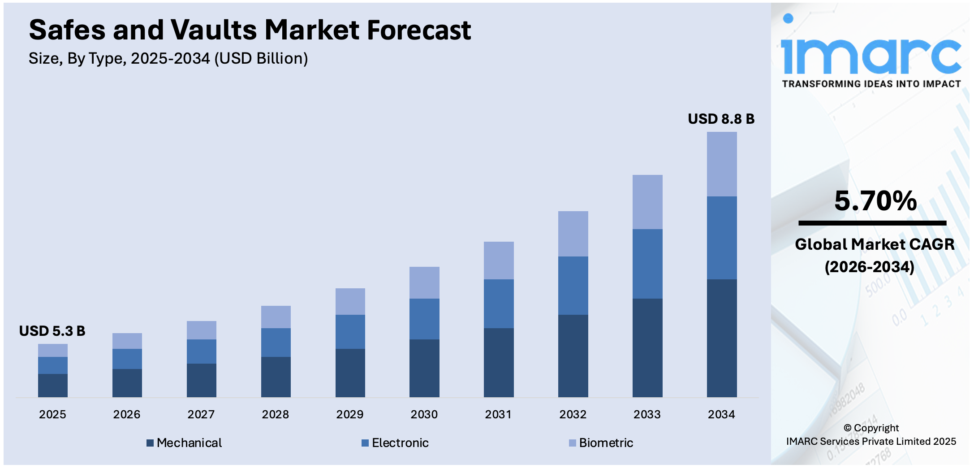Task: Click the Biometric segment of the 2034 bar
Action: pyautogui.click(x=721, y=164)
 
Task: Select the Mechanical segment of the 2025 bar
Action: pyautogui.click(x=52, y=385)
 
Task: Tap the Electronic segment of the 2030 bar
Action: pyautogui.click(x=424, y=319)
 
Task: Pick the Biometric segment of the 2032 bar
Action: pyautogui.click(x=573, y=234)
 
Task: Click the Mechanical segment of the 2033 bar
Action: pyautogui.click(x=647, y=347)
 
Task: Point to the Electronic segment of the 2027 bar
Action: pyautogui.click(x=201, y=351)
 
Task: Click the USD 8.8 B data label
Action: pyautogui.click(x=721, y=119)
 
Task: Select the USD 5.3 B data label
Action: pyautogui.click(x=52, y=331)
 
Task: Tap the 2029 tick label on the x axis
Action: pyautogui.click(x=349, y=414)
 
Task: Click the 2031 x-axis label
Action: pyautogui.click(x=498, y=414)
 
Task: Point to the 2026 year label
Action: pyautogui.click(x=126, y=414)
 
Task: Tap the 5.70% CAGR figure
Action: pyautogui.click(x=875, y=200)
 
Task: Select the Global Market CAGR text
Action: pyautogui.click(x=874, y=244)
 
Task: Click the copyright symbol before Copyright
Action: pyautogui.click(x=847, y=428)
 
